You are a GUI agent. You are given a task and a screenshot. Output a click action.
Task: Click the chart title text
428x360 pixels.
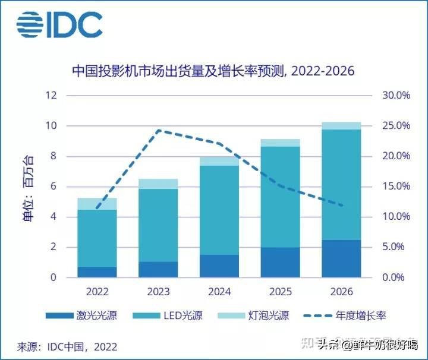point(213,71)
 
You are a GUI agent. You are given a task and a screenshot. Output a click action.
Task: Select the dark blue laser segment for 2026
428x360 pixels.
point(341,258)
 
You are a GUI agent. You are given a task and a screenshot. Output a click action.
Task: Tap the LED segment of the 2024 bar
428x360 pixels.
point(219,210)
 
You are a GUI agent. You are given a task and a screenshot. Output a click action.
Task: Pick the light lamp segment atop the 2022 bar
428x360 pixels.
point(97,204)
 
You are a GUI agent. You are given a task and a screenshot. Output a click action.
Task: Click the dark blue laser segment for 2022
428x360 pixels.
point(97,272)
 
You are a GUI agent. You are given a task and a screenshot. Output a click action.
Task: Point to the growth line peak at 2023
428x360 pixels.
point(159,130)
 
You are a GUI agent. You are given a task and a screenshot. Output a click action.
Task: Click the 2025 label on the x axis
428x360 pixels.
point(280,292)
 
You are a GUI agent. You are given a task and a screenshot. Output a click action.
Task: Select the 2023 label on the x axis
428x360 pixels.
point(158,292)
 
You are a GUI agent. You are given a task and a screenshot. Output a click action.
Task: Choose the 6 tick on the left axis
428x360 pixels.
point(53,187)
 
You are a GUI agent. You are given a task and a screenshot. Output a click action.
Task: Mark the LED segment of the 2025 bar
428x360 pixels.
point(280,197)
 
